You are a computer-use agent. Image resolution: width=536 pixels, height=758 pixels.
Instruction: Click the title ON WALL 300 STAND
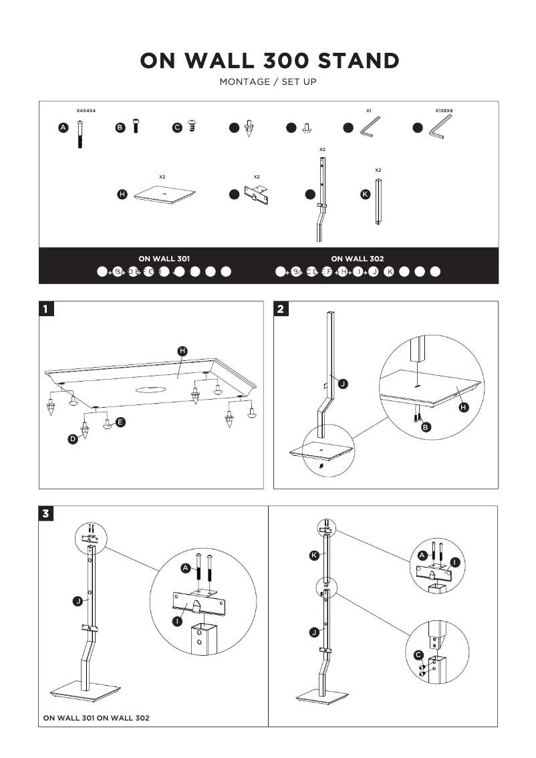click(x=269, y=61)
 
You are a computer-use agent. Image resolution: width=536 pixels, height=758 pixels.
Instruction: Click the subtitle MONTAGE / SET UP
click(x=268, y=82)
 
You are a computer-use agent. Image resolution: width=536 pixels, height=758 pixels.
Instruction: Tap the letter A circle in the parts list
click(x=63, y=128)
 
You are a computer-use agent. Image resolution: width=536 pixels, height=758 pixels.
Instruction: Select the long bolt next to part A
click(x=80, y=134)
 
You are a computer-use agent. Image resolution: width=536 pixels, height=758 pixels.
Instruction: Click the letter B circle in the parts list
click(x=120, y=128)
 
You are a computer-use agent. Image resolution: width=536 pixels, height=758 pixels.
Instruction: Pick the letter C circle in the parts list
click(x=177, y=128)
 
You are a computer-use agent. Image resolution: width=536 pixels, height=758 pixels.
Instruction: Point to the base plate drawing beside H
click(x=164, y=194)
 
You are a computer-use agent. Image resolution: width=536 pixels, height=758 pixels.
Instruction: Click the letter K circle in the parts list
click(x=365, y=195)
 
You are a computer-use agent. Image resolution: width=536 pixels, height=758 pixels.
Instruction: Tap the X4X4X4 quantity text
click(x=86, y=110)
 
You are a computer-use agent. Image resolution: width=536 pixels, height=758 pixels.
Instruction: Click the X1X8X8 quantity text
click(x=444, y=110)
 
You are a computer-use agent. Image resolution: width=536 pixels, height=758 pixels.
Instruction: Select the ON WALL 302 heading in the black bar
click(x=358, y=258)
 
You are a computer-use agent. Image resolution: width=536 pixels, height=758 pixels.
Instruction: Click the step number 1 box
click(x=45, y=309)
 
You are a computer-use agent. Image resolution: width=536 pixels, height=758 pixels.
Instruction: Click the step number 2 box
click(x=281, y=309)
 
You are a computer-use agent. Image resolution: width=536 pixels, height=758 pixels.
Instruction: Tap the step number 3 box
click(x=45, y=514)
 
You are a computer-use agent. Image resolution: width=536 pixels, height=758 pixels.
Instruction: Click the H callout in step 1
click(x=182, y=351)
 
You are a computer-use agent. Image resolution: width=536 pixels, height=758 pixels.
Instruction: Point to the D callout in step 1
click(x=73, y=439)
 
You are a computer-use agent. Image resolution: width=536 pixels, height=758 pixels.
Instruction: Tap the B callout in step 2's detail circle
click(x=426, y=427)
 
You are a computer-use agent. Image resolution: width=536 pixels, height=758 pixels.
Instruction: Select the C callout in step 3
click(x=418, y=654)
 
